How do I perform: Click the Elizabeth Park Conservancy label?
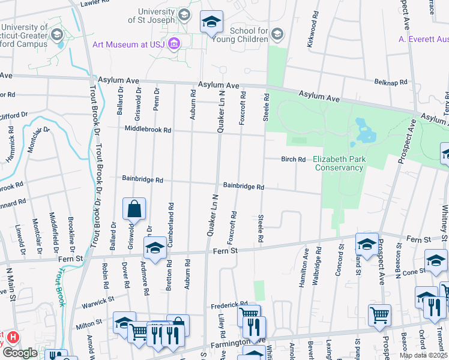coord(338,163)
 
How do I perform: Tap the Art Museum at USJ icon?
coord(174,44)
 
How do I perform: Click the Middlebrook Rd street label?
coord(148,129)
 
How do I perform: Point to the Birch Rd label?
coord(294,159)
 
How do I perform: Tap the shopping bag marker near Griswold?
coord(134,209)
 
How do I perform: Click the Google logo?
coord(20,353)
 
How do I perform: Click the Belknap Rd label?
coord(391,82)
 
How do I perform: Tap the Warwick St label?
coord(98,298)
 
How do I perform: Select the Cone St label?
coord(415,271)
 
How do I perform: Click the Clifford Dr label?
coord(13,115)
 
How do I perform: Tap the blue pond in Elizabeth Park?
coord(363,128)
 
